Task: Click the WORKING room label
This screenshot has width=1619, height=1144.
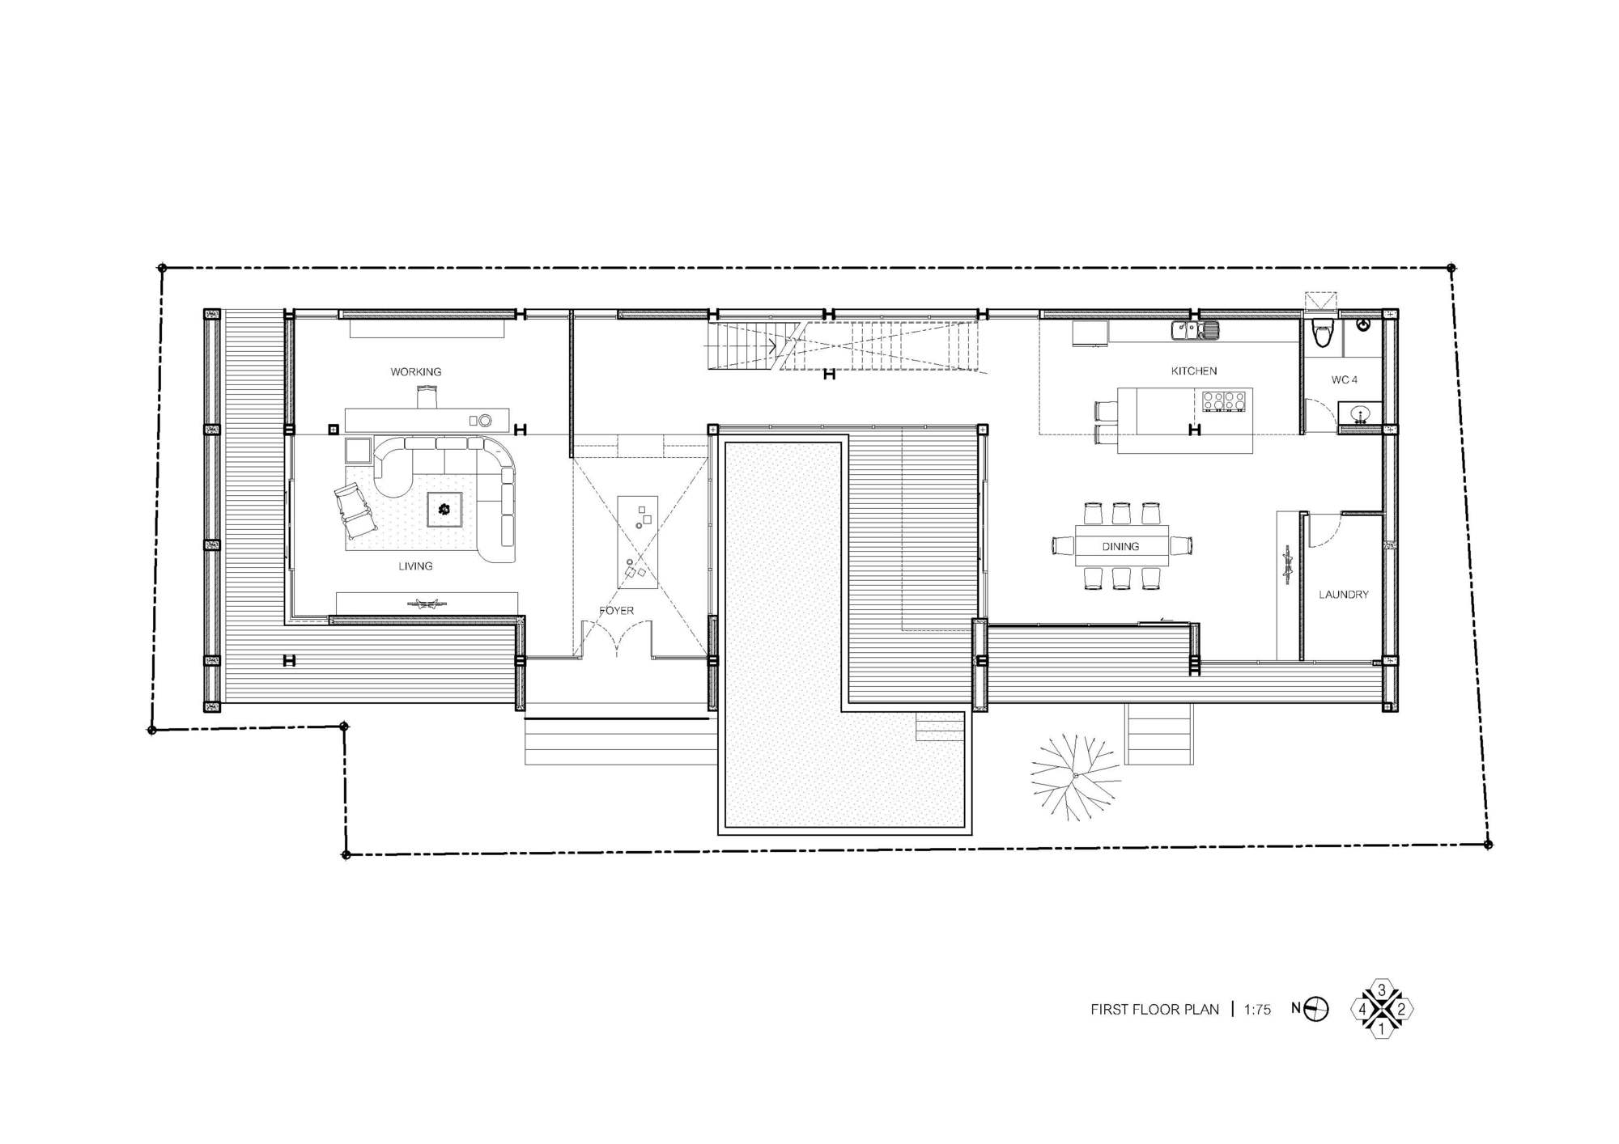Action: [x=416, y=372]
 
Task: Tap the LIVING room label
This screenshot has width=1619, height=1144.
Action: [x=415, y=566]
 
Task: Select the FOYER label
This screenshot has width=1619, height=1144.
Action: [x=616, y=611]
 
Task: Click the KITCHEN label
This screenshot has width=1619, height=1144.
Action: [x=1194, y=371]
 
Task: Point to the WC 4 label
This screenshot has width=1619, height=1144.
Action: [x=1345, y=380]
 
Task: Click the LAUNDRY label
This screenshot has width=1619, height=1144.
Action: [x=1344, y=595]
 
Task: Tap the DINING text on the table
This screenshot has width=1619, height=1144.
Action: [x=1120, y=547]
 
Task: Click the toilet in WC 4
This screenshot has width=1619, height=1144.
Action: [x=1323, y=333]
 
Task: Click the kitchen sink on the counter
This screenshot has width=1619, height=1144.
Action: [x=1195, y=329]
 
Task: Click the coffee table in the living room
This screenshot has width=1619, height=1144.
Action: [x=444, y=509]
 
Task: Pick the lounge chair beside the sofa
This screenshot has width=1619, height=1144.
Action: [x=354, y=511]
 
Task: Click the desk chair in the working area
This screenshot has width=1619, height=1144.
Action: [x=427, y=397]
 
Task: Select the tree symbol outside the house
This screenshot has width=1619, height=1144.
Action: [x=1076, y=777]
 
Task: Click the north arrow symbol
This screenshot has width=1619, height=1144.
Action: [x=1316, y=1009]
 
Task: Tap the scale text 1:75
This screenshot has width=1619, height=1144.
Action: [x=1257, y=1010]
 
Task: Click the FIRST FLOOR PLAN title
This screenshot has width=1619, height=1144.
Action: [x=1154, y=1010]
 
